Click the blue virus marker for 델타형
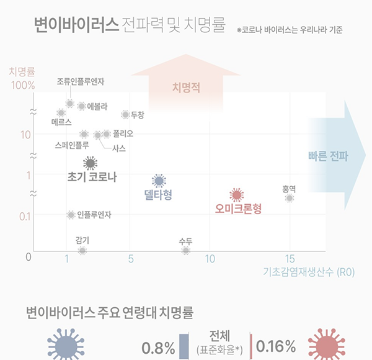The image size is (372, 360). pyautogui.click(x=159, y=181)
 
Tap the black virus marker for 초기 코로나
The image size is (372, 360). pyautogui.click(x=90, y=163)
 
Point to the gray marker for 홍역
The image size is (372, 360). pyautogui.click(x=289, y=198)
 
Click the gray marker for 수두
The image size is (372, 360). pyautogui.click(x=185, y=250)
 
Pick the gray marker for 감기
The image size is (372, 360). pyautogui.click(x=82, y=250)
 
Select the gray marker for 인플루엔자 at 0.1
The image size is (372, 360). pyautogui.click(x=71, y=215)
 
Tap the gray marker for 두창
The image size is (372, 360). pyautogui.click(x=125, y=114)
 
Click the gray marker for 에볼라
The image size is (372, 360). pyautogui.click(x=81, y=106)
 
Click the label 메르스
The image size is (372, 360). pyautogui.click(x=61, y=122)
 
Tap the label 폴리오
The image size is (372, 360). pyautogui.click(x=123, y=133)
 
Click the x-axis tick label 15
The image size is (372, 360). pyautogui.click(x=289, y=258)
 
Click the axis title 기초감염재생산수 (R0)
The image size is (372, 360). pyautogui.click(x=308, y=271)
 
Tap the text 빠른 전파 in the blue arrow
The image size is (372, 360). pyautogui.click(x=328, y=156)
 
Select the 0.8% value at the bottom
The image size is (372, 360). pyautogui.click(x=158, y=347)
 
